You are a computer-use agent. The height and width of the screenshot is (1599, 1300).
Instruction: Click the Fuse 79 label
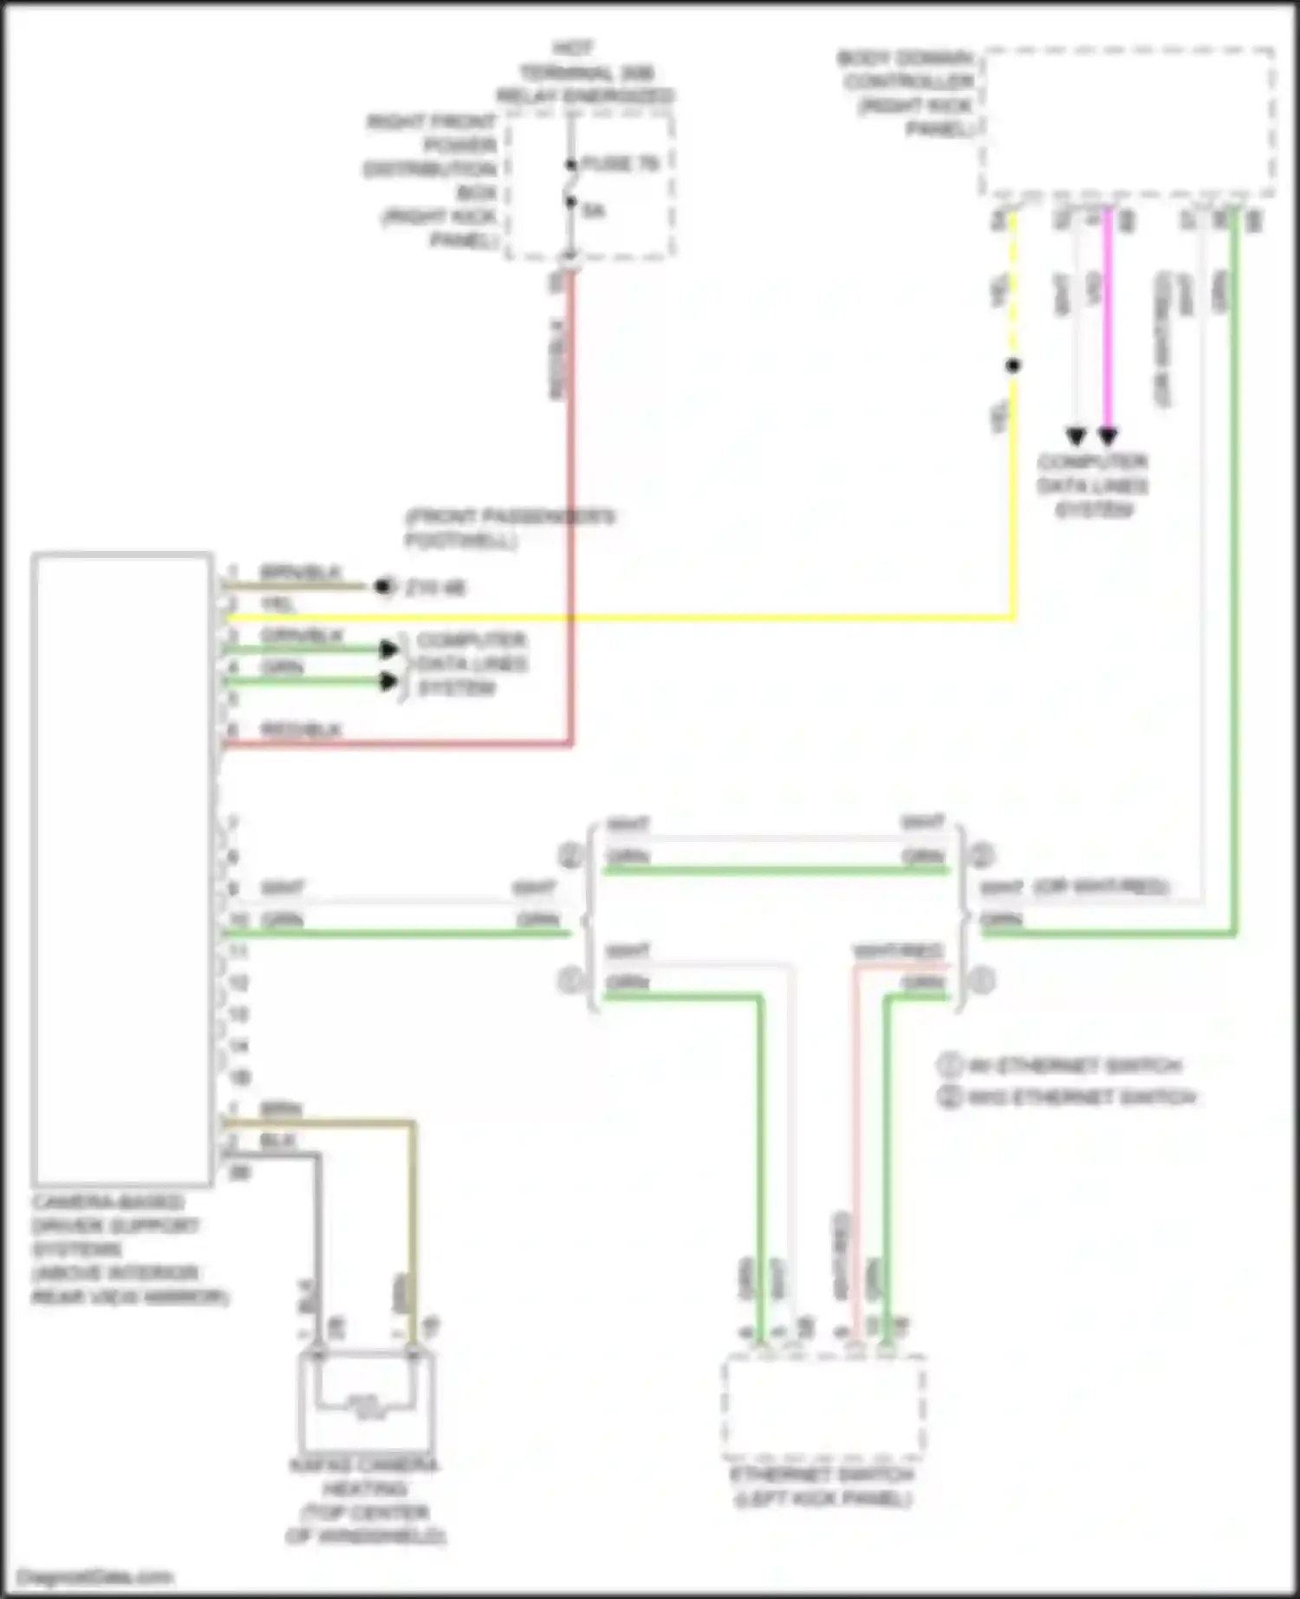point(620,163)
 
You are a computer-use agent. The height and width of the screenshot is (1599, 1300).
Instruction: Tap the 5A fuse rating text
point(594,210)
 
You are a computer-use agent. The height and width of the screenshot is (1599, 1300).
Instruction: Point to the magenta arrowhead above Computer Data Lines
point(1108,436)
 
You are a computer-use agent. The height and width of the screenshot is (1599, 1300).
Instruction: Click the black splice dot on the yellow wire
point(1013,366)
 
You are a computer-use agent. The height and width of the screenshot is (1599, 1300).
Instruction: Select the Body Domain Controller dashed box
point(1127,121)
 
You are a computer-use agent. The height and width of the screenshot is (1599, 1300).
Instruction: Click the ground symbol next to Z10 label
point(383,587)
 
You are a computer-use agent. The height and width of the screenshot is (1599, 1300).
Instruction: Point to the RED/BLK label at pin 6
point(301,729)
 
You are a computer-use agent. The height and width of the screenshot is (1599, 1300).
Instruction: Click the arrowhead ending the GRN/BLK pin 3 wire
point(389,649)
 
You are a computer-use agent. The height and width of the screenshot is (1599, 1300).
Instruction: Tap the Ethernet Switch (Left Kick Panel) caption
point(822,1486)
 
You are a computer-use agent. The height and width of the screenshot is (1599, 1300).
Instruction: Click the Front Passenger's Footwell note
point(510,528)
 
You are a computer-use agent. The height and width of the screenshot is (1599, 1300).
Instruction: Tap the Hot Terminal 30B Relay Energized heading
point(585,73)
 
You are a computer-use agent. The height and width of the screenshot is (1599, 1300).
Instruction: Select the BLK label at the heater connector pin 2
point(278,1141)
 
